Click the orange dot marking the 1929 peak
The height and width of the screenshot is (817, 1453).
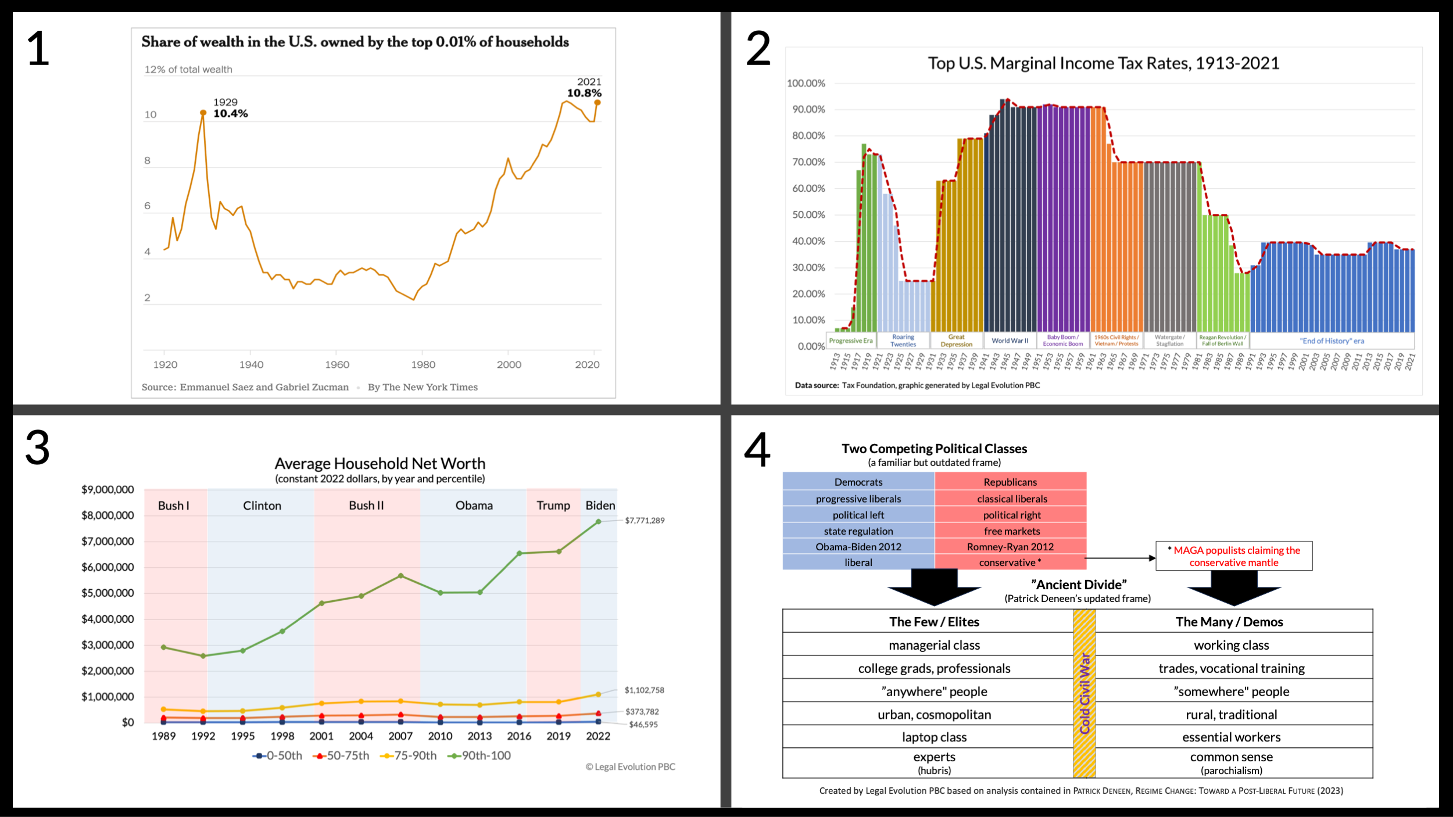coord(203,113)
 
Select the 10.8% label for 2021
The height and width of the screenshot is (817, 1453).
coord(584,93)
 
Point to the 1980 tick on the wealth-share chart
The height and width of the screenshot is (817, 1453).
coord(423,364)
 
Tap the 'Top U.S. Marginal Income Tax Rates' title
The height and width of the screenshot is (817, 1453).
coord(1103,63)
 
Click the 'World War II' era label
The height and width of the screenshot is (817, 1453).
coord(1010,341)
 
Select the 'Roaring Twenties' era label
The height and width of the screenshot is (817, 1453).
coord(903,341)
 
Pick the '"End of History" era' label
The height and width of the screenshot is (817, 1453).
coord(1332,341)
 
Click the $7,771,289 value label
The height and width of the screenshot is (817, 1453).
coord(645,521)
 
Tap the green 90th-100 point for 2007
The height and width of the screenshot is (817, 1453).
coord(400,576)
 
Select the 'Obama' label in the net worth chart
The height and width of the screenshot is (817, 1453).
coord(474,506)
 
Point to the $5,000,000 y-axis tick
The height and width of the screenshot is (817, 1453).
coord(108,593)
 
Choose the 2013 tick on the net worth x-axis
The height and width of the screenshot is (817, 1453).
coord(479,736)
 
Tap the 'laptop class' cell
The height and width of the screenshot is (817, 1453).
coord(934,737)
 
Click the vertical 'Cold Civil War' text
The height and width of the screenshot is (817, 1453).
coord(1085,693)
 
